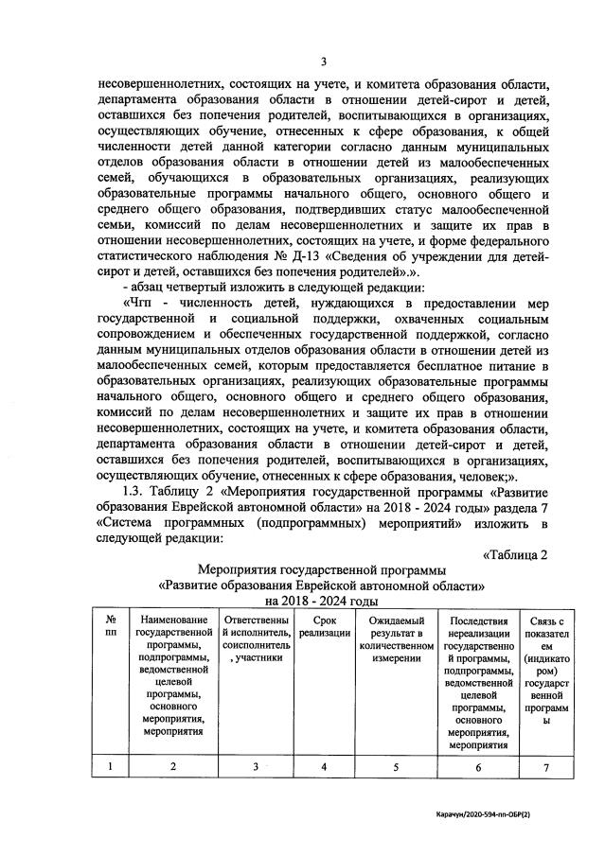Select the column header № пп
pyautogui.click(x=111, y=625)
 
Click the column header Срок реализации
pyautogui.click(x=324, y=625)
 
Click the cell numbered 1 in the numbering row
pyautogui.click(x=111, y=767)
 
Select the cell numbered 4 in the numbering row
pyautogui.click(x=324, y=767)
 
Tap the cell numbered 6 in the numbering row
pyautogui.click(x=478, y=767)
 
